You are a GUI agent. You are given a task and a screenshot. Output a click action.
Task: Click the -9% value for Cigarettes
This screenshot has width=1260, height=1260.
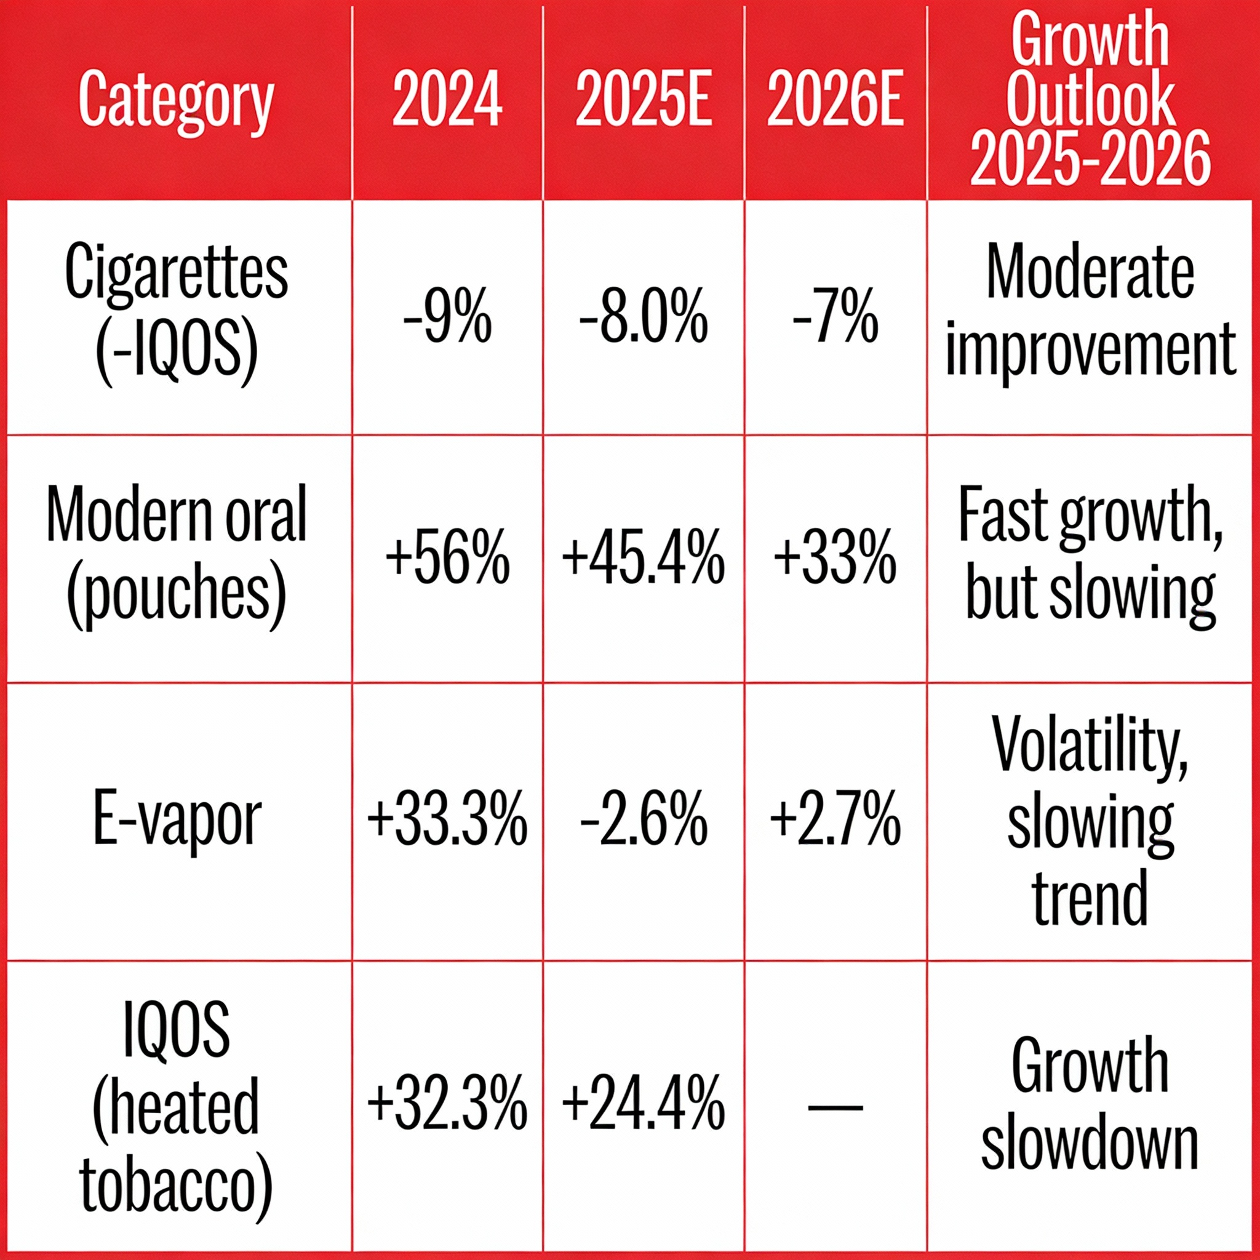pos(447,318)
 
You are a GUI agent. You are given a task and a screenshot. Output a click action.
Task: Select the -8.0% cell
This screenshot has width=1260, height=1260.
pos(643,318)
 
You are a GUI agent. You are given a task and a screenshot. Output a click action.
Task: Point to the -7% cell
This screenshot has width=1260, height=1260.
pos(835,318)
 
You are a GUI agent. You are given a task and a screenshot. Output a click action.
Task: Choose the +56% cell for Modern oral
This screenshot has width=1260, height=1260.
pos(447,559)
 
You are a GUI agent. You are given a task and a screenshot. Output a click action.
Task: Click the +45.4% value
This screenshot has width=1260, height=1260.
pos(643,559)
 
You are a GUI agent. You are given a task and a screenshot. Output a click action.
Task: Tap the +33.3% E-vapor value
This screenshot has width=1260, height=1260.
pos(447,821)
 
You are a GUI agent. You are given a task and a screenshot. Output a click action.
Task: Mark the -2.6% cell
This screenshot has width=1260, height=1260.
pos(643,821)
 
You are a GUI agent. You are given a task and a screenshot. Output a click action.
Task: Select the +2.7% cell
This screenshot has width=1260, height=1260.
pos(835,821)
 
